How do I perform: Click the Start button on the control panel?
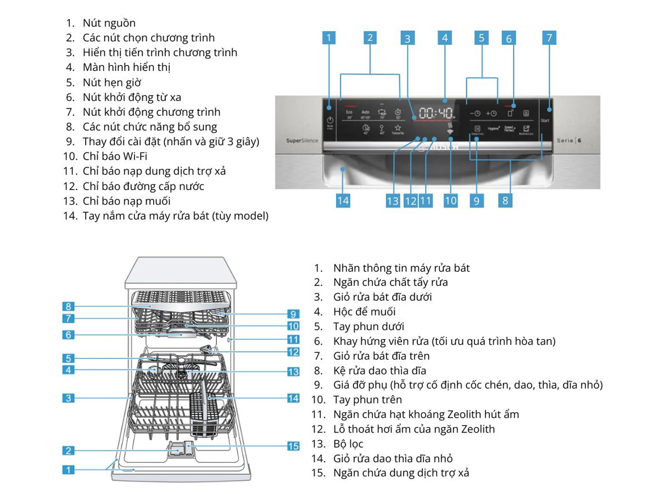pyautogui.click(x=545, y=120)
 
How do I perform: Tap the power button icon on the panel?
pyautogui.click(x=330, y=121)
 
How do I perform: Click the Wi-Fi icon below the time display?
pyautogui.click(x=450, y=131)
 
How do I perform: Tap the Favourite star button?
pyautogui.click(x=398, y=130)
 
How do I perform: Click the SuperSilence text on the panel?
pyautogui.click(x=302, y=141)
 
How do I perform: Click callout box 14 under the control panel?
pyautogui.click(x=343, y=200)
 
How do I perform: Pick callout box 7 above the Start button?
pyautogui.click(x=548, y=37)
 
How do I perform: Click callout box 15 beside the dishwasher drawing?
pyautogui.click(x=293, y=446)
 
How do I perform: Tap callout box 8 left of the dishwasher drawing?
pyautogui.click(x=68, y=306)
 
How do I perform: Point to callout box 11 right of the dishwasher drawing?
pyautogui.click(x=293, y=339)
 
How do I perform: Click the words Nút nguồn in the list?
pyautogui.click(x=109, y=23)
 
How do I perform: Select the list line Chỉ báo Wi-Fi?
pyautogui.click(x=115, y=156)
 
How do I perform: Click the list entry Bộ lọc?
pyautogui.click(x=348, y=444)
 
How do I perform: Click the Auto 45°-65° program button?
pyautogui.click(x=366, y=114)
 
